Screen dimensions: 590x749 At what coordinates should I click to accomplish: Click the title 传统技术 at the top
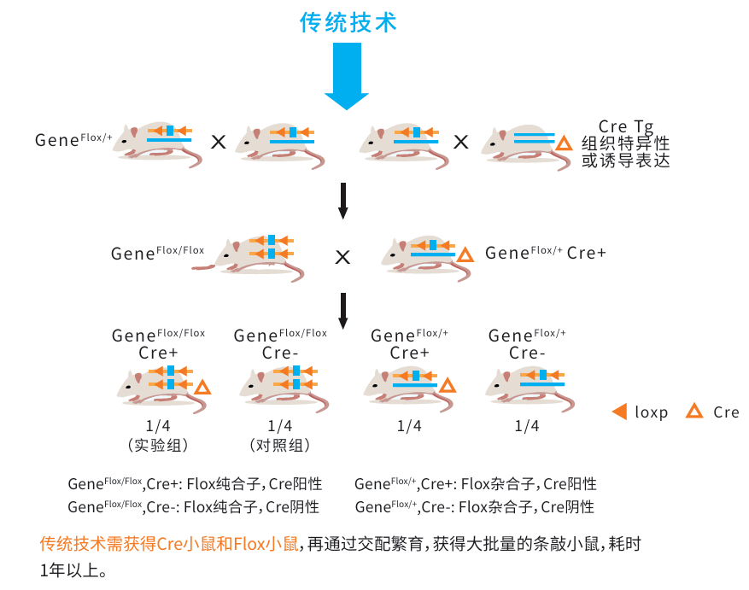[x=348, y=22]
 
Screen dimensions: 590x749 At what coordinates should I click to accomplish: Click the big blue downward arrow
[x=347, y=77]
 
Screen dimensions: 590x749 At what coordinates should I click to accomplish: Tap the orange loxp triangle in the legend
[x=620, y=412]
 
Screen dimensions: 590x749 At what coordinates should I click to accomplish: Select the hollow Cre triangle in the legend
[x=695, y=412]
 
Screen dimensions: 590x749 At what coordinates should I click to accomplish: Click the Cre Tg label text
[x=626, y=126]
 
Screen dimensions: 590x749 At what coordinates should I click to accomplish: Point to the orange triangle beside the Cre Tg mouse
[x=564, y=143]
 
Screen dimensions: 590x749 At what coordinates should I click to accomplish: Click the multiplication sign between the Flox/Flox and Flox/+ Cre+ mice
[x=342, y=256]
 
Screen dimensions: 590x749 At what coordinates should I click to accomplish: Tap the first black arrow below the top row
[x=343, y=202]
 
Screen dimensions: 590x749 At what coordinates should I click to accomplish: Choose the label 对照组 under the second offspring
[x=280, y=445]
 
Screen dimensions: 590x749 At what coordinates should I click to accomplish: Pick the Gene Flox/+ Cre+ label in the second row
[x=545, y=253]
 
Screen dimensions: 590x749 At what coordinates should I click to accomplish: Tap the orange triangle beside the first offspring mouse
[x=202, y=388]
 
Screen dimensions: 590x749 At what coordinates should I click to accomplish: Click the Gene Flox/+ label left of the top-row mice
[x=73, y=139]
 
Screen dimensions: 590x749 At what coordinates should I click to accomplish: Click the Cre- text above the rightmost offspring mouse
[x=527, y=353]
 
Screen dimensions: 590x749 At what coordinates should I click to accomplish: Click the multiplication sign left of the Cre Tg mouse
[x=461, y=142]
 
